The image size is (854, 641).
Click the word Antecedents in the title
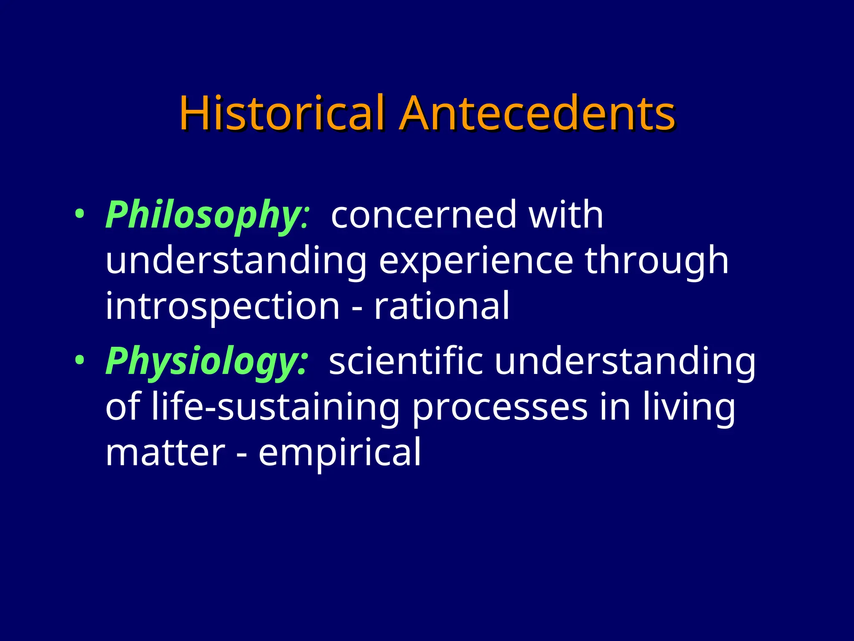click(537, 114)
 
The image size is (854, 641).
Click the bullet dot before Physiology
click(79, 361)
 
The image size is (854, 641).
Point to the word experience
click(476, 260)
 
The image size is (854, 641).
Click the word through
click(656, 260)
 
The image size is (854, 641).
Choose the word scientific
click(406, 361)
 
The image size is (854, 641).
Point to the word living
click(688, 407)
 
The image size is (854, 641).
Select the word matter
click(165, 452)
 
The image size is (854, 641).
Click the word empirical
click(339, 453)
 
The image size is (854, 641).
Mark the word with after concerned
click(565, 215)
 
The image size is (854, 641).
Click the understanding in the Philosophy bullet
click(236, 261)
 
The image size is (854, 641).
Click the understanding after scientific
click(625, 361)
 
